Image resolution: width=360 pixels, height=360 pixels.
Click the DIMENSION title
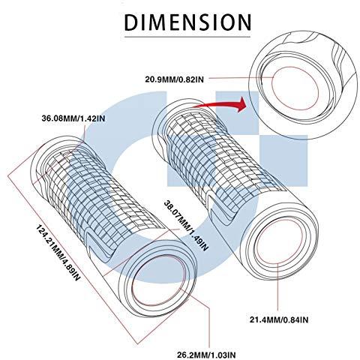pos(187,22)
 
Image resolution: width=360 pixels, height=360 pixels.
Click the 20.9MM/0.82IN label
pos(175,79)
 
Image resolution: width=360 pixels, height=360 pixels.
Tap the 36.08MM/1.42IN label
pos(73,118)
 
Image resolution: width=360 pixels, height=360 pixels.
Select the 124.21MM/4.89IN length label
pos(58,253)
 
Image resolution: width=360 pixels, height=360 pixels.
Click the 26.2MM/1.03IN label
pos(206,355)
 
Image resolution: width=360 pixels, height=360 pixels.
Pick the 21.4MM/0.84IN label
pos(279,319)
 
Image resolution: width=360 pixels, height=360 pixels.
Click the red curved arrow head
pos(241,104)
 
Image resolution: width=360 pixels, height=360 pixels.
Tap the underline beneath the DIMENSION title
pos(187,37)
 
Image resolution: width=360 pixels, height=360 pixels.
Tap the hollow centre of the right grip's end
pos(278,241)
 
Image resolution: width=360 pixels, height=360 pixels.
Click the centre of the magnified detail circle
pos(303,85)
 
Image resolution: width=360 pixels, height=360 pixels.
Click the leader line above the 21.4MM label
pos(278,287)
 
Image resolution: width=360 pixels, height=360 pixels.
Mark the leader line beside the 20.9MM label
pos(240,78)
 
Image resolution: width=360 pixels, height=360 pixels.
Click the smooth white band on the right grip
pos(253,217)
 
